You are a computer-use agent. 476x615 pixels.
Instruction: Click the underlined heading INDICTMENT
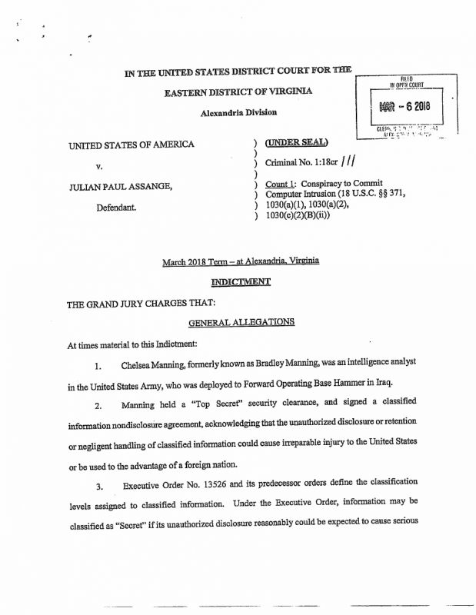coord(241,282)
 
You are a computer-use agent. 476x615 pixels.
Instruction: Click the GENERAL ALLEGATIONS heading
coord(241,322)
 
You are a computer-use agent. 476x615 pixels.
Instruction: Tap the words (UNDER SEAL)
coord(296,142)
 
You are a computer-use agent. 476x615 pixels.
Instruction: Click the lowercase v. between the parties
coord(99,166)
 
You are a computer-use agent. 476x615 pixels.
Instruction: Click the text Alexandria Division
coord(238,112)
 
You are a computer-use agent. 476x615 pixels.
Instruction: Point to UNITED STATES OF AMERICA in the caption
coord(131,145)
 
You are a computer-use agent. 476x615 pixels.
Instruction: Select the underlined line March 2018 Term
coord(241,261)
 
